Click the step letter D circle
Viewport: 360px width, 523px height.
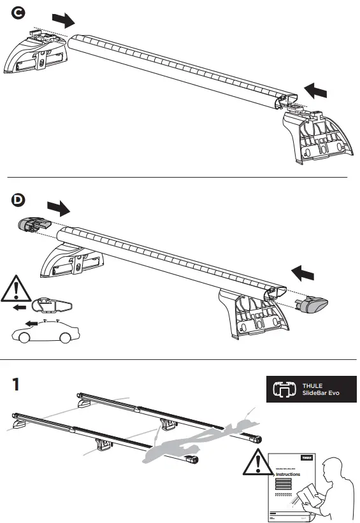[x=20, y=200]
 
